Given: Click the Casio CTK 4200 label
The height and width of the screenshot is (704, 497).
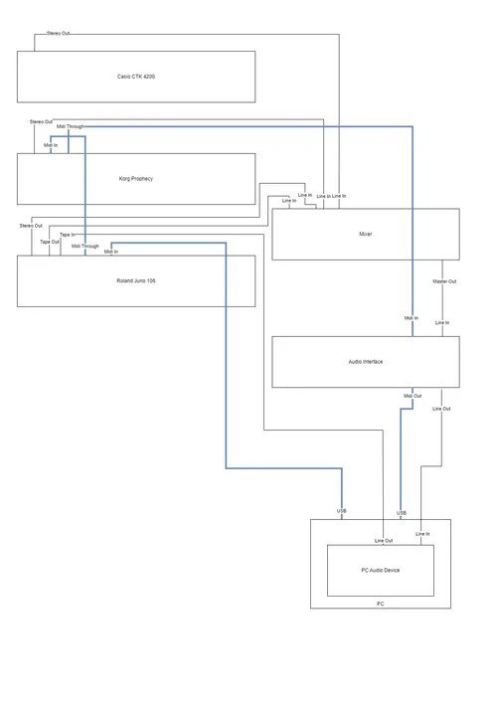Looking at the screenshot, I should coord(136,77).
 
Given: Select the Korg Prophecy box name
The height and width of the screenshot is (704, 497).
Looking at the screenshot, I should coord(136,179).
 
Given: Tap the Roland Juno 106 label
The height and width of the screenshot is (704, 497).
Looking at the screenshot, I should coord(136,281).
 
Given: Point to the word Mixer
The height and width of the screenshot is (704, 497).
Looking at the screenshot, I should coord(365,234).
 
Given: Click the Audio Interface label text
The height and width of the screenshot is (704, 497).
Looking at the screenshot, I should coord(365,362).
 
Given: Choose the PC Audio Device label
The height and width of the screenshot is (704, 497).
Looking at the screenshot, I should coord(380,570).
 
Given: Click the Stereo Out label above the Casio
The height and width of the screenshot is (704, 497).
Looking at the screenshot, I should coord(59,34).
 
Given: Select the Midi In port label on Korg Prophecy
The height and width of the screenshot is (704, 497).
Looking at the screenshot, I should coord(51,145).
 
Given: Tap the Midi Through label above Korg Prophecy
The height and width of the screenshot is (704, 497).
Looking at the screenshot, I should coord(71,127).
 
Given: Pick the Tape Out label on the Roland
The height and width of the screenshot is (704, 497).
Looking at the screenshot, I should coord(50,242).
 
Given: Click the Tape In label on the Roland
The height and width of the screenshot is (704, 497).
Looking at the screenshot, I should coord(67,235).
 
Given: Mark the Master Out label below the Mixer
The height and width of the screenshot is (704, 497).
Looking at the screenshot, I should coord(444,281).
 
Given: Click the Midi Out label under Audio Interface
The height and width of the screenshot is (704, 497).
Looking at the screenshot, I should coord(413,396).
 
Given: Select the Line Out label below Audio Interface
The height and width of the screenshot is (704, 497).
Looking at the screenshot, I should coord(441,409).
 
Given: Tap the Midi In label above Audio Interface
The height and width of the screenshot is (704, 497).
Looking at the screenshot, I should coord(412,318).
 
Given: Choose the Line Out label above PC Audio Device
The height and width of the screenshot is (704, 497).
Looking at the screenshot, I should coord(384,540).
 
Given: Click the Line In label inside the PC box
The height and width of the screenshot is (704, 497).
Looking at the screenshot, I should coord(422,534).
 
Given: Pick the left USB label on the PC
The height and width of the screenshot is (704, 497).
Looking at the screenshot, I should coord(342,511).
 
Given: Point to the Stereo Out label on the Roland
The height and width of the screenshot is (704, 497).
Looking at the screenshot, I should coord(31,226).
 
